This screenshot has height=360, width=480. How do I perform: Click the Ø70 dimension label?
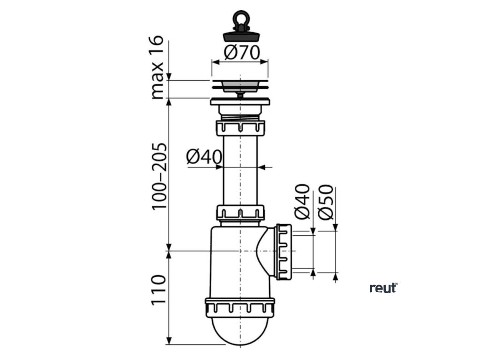pyautogui.click(x=241, y=52)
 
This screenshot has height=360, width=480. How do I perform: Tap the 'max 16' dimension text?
pyautogui.click(x=158, y=67)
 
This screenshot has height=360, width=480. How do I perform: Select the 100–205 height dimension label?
pyautogui.click(x=158, y=176)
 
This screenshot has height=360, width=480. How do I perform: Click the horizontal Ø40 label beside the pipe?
pyautogui.click(x=204, y=157)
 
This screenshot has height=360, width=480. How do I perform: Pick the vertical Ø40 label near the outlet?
pyautogui.click(x=303, y=202)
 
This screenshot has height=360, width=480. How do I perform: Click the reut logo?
pyautogui.click(x=383, y=288)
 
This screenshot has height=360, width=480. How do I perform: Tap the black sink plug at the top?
pyautogui.click(x=240, y=35)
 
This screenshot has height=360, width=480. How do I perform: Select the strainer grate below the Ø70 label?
pyautogui.click(x=240, y=85)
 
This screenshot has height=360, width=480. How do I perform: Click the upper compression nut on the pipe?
pyautogui.click(x=240, y=127)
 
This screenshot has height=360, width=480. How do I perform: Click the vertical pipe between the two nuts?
pyautogui.click(x=240, y=169)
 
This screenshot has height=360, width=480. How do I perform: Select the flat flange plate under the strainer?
pyautogui.click(x=240, y=101)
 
